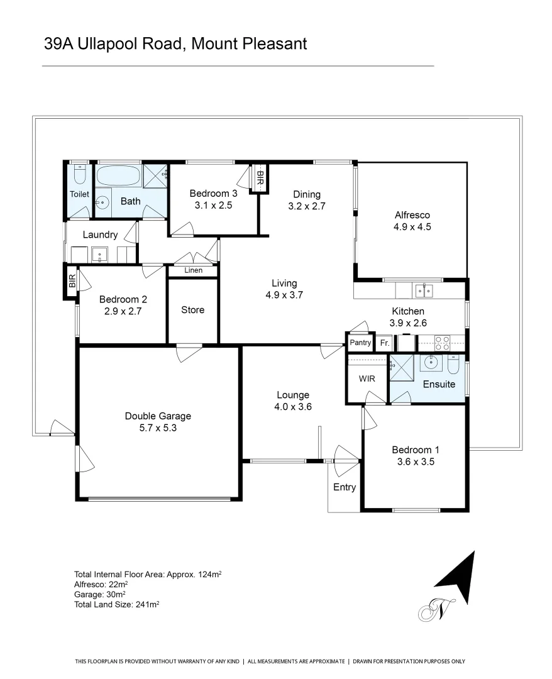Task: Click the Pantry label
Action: (360, 343)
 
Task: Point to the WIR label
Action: (367, 379)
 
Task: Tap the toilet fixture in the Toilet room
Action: (79, 173)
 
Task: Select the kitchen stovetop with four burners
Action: (442, 343)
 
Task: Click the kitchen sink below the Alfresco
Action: (423, 290)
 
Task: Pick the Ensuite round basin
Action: (431, 363)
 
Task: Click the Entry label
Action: (344, 487)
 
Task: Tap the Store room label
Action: (192, 310)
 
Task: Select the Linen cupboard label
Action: (193, 271)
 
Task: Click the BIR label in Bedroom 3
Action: (260, 178)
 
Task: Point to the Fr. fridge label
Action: (384, 344)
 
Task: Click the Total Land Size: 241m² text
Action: (116, 605)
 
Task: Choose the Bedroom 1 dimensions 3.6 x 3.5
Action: (415, 461)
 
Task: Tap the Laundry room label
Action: (100, 235)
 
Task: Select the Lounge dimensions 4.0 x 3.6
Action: (293, 406)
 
